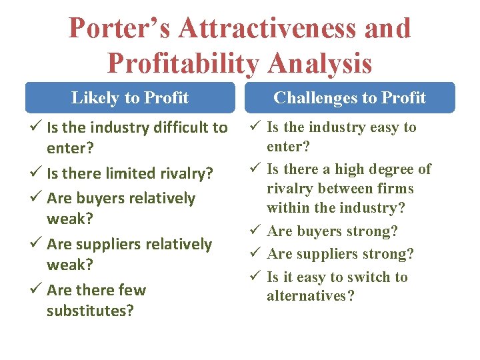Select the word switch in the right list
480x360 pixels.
point(364,277)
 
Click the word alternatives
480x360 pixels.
point(311,296)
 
